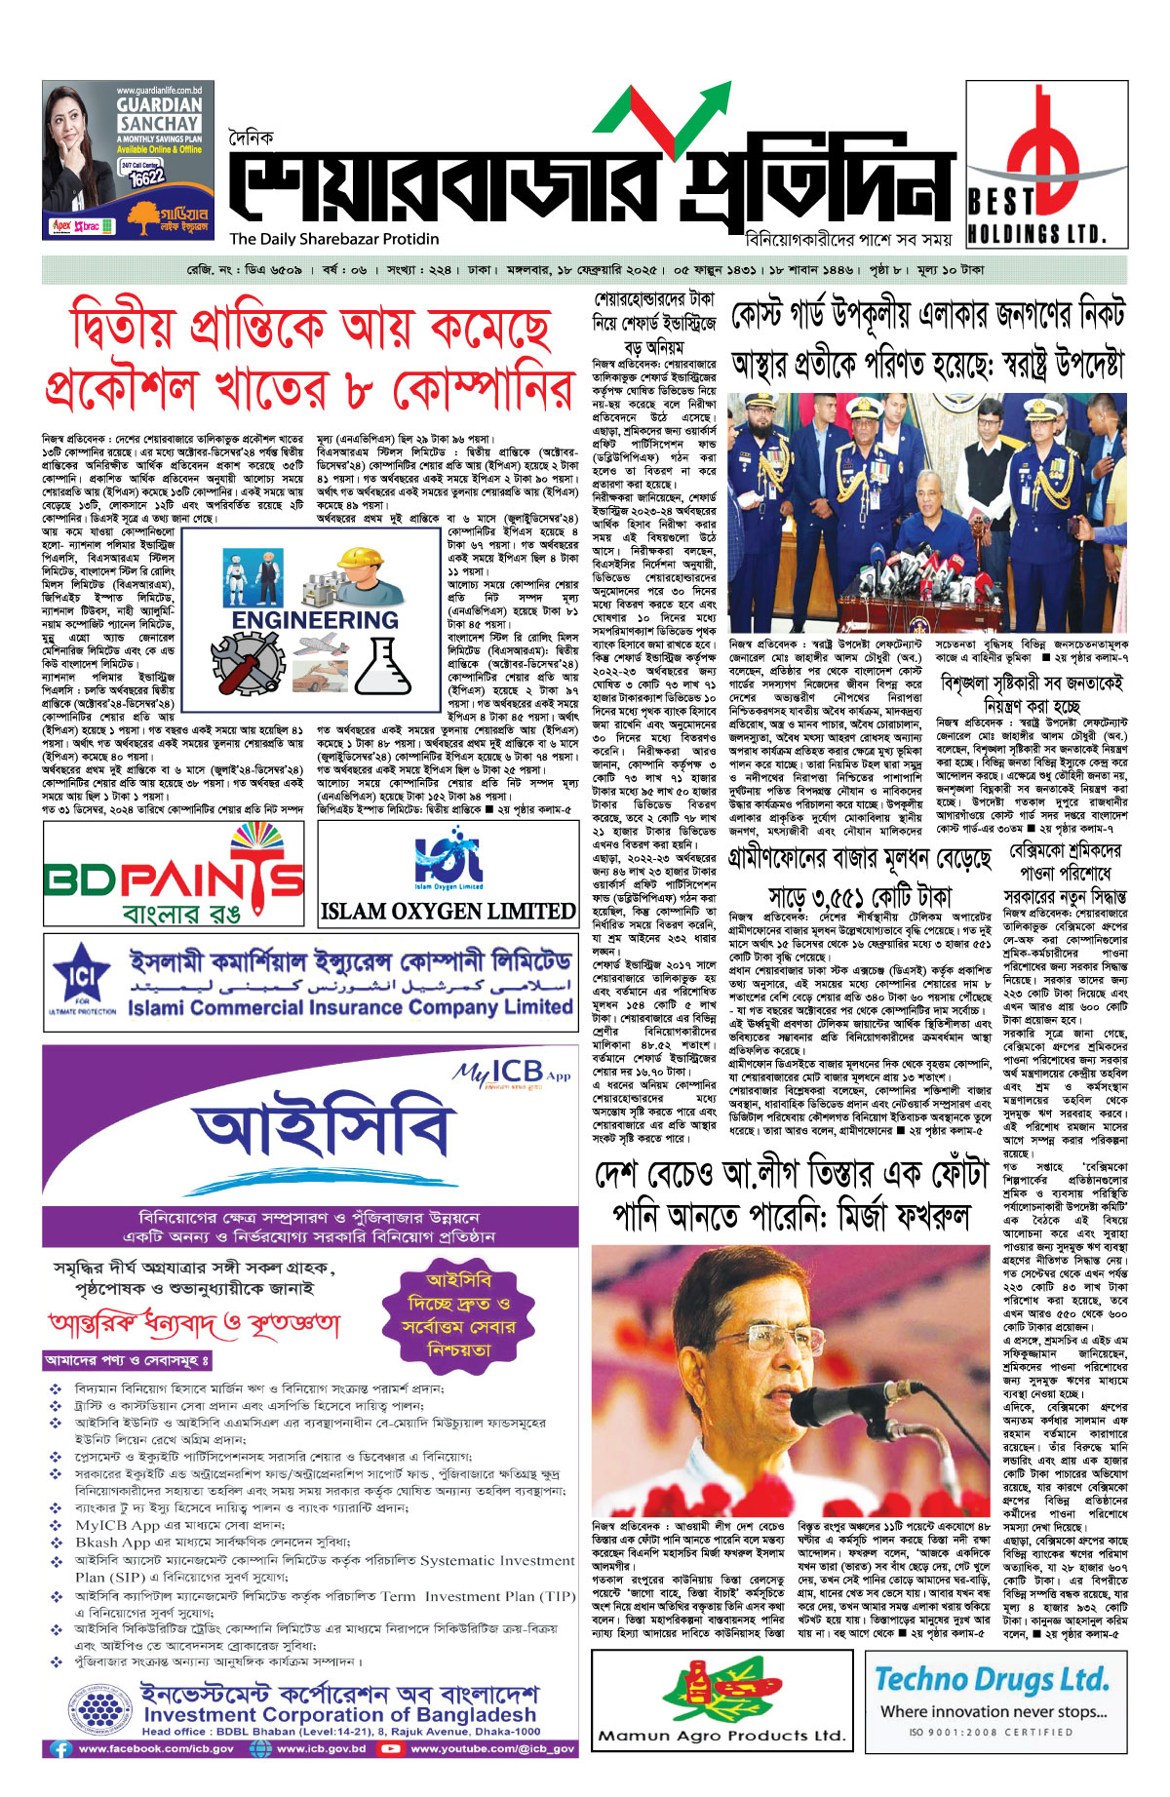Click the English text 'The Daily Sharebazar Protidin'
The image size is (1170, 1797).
point(334,239)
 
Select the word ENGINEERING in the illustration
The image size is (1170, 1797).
point(315,620)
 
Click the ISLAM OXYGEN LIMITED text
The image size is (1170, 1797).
point(448,912)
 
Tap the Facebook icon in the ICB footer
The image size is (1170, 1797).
point(61,1749)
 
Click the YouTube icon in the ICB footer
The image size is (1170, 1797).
point(391,1749)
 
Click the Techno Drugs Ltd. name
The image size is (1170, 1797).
point(992,1678)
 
